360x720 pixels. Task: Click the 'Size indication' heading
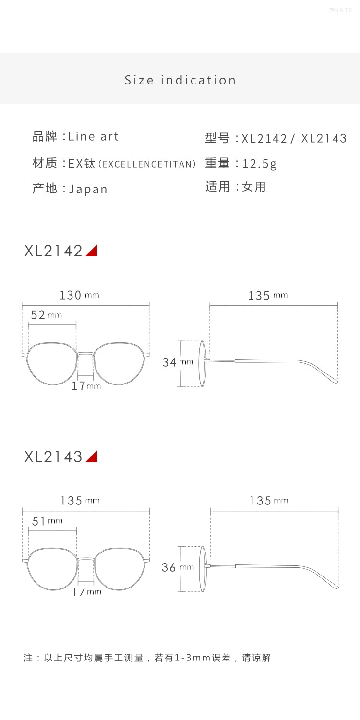click(x=180, y=80)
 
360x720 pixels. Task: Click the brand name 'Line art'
click(x=93, y=136)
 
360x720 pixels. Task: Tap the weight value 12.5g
click(x=260, y=164)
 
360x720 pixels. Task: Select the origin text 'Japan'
click(x=88, y=189)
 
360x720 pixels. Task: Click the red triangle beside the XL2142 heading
click(x=92, y=251)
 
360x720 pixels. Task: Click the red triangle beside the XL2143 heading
click(x=92, y=456)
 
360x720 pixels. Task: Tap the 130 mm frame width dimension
click(x=79, y=295)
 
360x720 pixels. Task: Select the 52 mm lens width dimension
click(x=46, y=315)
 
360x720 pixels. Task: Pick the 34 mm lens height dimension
click(x=178, y=362)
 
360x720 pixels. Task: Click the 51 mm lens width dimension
click(x=47, y=521)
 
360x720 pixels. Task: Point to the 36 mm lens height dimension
click(x=178, y=567)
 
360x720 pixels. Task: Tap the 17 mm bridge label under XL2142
click(x=86, y=385)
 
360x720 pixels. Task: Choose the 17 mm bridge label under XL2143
click(x=87, y=592)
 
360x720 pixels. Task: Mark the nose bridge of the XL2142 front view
click(x=86, y=354)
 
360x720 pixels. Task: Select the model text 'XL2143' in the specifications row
click(x=324, y=139)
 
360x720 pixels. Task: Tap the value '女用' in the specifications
click(x=254, y=187)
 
